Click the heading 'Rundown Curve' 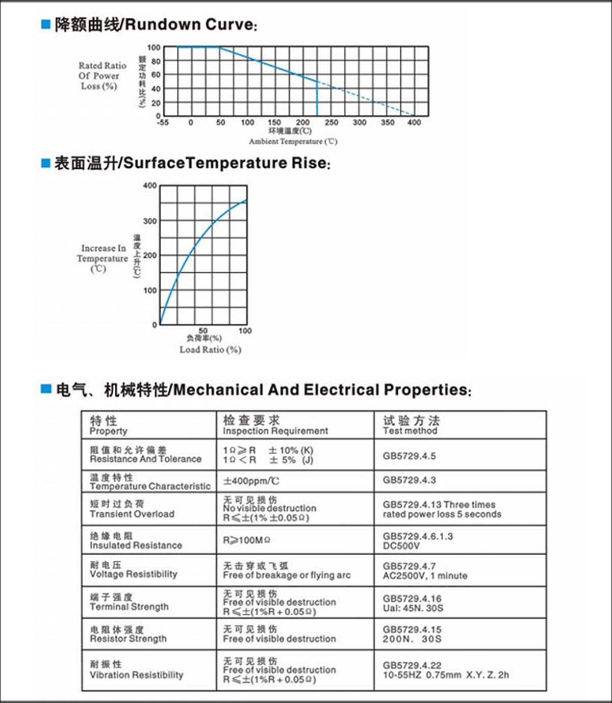188,24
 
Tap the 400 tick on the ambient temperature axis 414,122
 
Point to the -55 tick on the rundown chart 163,122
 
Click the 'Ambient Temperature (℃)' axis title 293,141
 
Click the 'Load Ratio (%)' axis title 210,350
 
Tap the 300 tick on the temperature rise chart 150,221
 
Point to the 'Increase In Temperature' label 103,253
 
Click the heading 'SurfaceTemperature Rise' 225,163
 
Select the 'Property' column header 108,431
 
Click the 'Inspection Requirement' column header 275,431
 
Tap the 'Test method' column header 410,431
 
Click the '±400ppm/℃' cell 251,481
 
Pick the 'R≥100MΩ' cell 247,540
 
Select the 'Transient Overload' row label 132,514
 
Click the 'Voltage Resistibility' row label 134,574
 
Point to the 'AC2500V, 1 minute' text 425,576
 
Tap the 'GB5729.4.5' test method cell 410,456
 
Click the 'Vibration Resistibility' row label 136,675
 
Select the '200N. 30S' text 412,639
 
